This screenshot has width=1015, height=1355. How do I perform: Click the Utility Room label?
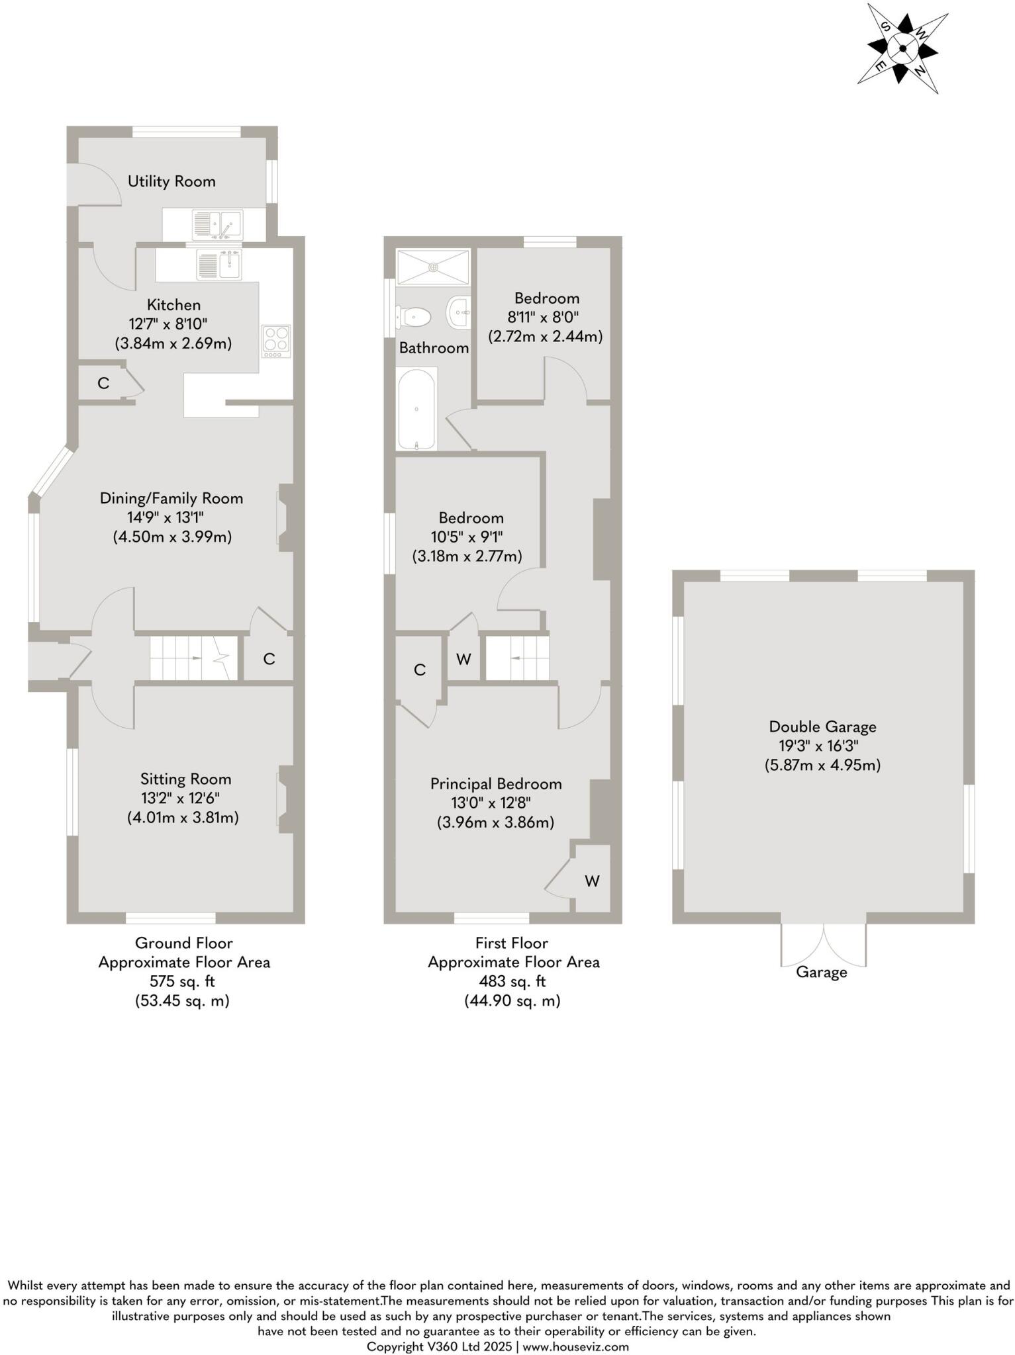click(x=171, y=181)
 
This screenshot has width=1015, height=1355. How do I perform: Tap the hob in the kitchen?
click(x=275, y=341)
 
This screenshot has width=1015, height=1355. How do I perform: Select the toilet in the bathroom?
click(x=413, y=317)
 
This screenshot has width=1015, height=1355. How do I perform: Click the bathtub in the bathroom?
click(x=416, y=410)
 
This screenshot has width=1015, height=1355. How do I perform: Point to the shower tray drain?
click(x=433, y=267)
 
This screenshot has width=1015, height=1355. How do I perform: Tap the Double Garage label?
click(x=822, y=726)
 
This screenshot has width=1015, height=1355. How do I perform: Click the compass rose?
click(x=902, y=48)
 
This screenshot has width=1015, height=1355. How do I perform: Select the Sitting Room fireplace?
click(x=285, y=799)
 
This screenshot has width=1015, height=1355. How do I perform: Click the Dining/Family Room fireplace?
click(x=285, y=517)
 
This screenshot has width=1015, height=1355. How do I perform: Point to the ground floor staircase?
click(x=192, y=658)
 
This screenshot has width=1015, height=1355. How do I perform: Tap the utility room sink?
click(x=217, y=225)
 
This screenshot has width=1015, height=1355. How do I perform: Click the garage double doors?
click(x=823, y=945)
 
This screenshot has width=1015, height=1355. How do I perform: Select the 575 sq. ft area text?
click(x=184, y=981)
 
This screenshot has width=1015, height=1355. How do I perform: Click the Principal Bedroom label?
click(x=496, y=784)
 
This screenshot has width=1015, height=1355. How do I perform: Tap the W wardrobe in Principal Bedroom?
click(x=592, y=881)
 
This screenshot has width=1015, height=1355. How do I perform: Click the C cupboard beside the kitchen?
click(x=103, y=383)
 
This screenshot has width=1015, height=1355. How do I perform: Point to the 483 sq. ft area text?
click(x=513, y=981)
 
